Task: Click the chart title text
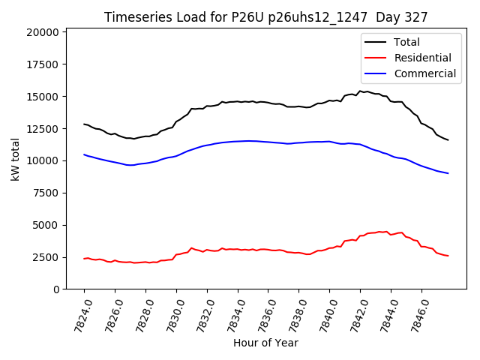[x=265, y=17]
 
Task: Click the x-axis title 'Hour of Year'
[x=265, y=343]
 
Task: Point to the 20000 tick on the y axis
[x=42, y=32]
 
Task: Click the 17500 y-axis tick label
[x=42, y=64]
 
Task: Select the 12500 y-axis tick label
[x=42, y=129]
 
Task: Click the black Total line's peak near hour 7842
[x=360, y=91]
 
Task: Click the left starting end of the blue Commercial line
[x=84, y=154]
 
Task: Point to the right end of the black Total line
[x=448, y=140]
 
